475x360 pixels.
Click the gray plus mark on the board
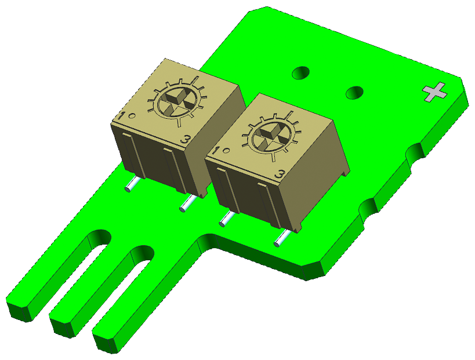point(435,92)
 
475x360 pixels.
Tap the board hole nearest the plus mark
point(354,92)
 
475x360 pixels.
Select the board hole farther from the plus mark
point(300,73)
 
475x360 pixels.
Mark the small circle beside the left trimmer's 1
point(132,116)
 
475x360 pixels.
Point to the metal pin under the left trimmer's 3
point(188,203)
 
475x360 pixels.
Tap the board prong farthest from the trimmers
point(52,272)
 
